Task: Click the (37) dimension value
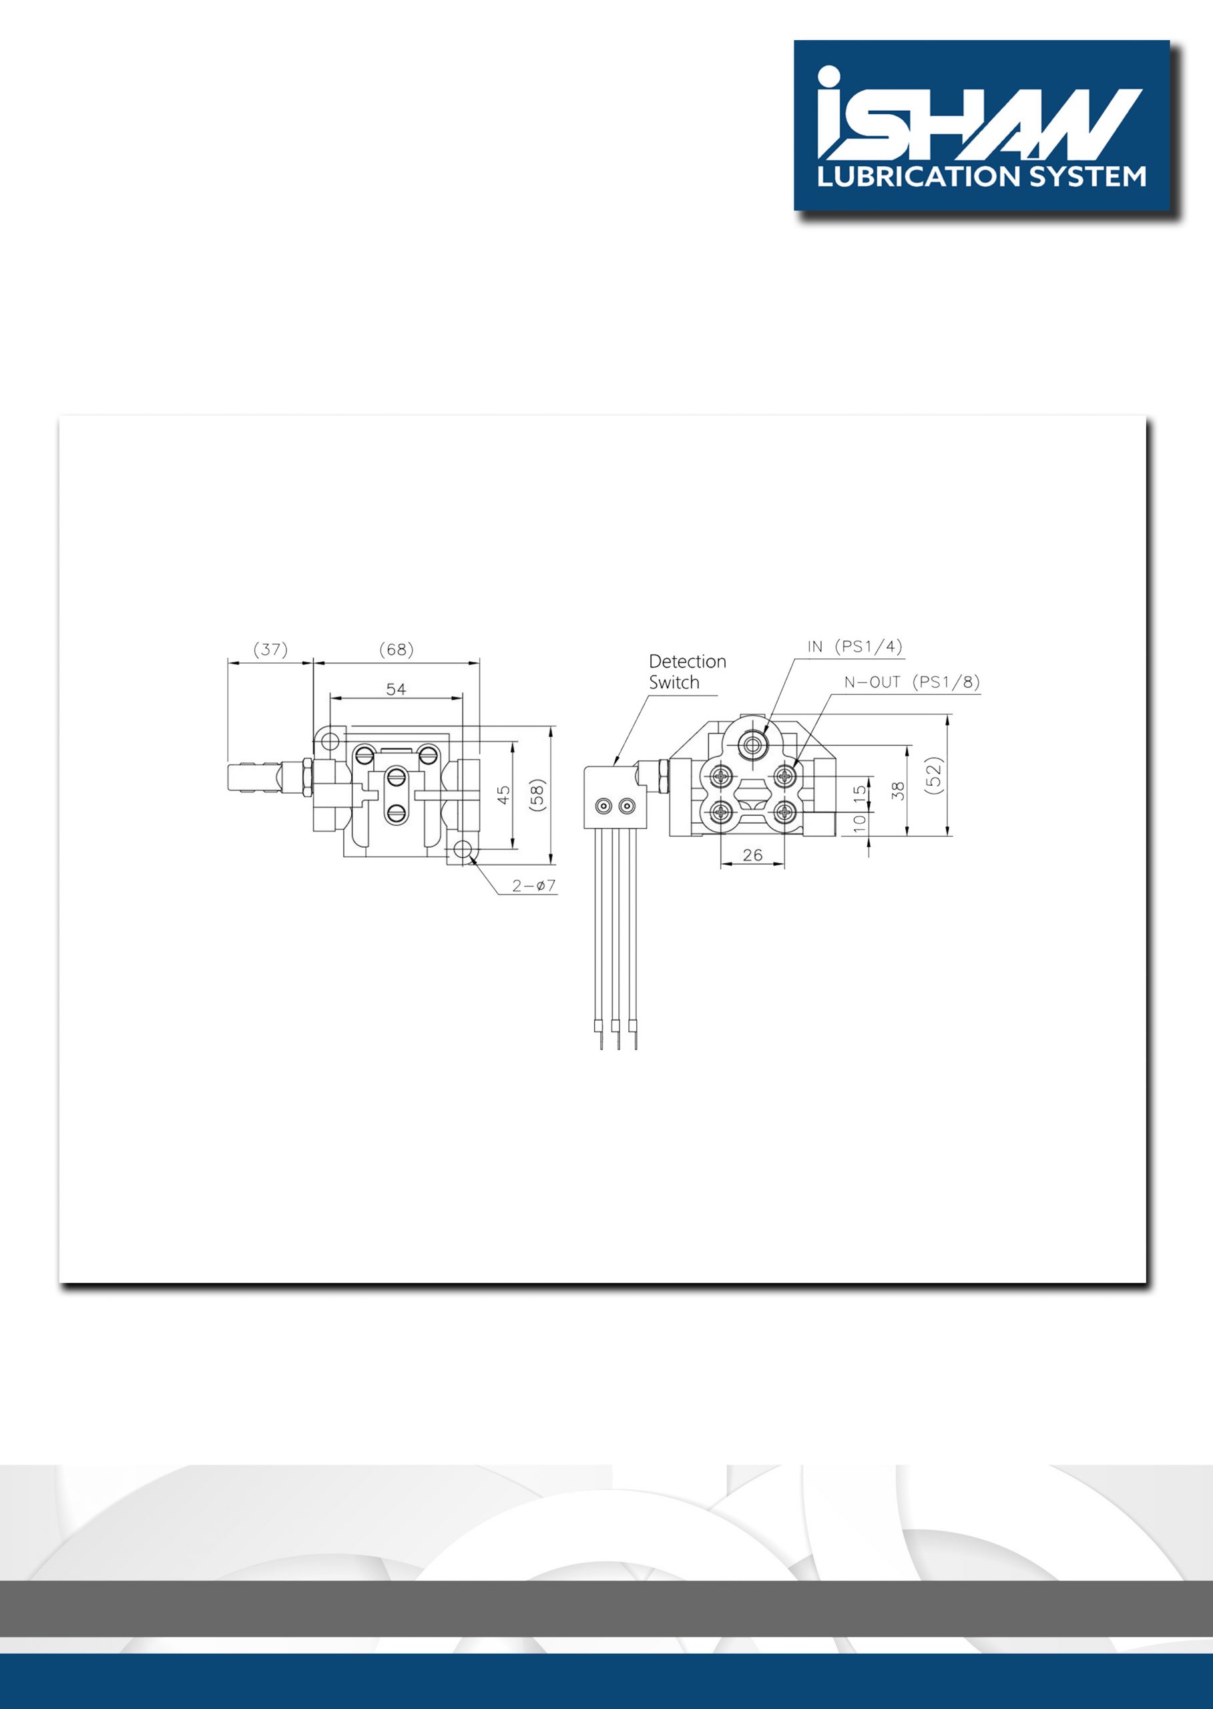point(270,649)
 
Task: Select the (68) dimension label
point(396,649)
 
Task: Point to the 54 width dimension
point(396,689)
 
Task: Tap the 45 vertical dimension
point(504,794)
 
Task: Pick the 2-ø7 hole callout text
point(534,886)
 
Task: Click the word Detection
point(687,661)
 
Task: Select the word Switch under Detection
point(674,682)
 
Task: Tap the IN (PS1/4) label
point(855,647)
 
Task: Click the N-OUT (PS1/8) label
point(912,682)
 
